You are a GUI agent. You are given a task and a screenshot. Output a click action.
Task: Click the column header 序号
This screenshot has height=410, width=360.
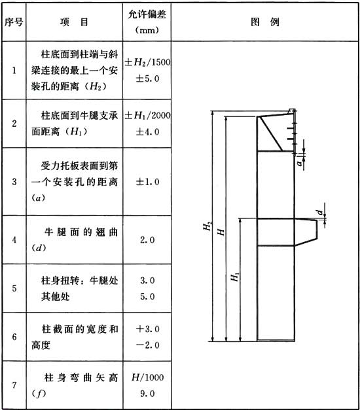(14, 22)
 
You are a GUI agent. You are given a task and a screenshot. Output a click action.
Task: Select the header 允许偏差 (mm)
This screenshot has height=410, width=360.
(147, 22)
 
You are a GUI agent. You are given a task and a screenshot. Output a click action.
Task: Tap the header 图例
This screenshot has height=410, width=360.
(265, 22)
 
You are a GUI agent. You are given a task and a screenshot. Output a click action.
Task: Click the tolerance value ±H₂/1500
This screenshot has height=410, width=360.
(147, 62)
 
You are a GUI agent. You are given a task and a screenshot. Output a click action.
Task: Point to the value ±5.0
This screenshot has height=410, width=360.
(147, 78)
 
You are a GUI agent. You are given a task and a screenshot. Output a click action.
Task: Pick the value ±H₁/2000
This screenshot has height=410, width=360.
(147, 115)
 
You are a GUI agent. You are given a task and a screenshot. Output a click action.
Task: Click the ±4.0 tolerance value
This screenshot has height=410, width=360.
(147, 131)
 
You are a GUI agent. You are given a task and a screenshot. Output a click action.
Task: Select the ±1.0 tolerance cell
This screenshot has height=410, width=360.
(147, 182)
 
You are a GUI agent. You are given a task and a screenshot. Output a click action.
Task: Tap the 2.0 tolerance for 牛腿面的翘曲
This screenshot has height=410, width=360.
(147, 240)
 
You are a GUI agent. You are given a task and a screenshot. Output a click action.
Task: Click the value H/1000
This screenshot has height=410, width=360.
(148, 377)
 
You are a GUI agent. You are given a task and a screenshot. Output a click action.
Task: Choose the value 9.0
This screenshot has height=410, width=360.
(147, 394)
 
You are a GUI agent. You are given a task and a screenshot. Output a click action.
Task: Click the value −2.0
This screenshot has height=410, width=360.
(147, 345)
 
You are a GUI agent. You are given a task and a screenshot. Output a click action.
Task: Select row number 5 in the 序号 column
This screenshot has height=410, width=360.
(14, 288)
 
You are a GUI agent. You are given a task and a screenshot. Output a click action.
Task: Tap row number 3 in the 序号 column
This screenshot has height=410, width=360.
(14, 182)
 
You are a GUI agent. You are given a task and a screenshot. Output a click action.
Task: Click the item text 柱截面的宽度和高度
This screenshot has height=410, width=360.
(75, 337)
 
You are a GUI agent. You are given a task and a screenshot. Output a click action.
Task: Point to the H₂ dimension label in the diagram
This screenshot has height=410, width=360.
(207, 226)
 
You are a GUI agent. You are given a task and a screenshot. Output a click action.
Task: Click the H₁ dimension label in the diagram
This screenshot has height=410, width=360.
(234, 277)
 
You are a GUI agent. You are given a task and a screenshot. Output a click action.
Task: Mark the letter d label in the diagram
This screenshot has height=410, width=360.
(320, 212)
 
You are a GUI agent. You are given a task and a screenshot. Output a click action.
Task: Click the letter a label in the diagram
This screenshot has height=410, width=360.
(299, 163)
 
